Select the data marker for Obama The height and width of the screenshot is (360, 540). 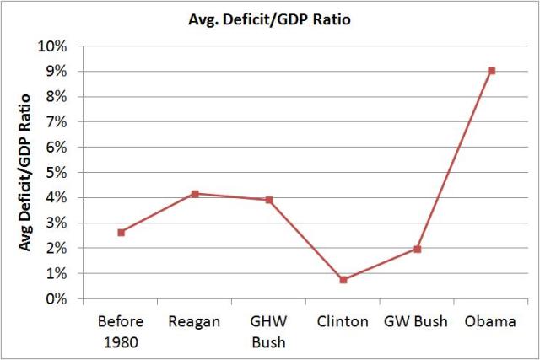492,71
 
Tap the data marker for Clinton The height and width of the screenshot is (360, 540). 343,279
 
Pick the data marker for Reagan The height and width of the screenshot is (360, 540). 195,194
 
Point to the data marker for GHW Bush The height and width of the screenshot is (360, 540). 269,200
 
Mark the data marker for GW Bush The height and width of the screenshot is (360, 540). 418,249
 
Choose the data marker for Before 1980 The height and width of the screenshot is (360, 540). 121,232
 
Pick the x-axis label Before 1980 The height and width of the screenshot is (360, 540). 121,331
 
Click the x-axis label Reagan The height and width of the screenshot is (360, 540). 195,322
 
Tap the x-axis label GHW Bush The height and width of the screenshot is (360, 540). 269,331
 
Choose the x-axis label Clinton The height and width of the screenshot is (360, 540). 343,322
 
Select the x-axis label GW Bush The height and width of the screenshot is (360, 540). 418,322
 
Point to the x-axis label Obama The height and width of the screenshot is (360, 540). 492,322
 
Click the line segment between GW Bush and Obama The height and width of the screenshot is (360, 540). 455,160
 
